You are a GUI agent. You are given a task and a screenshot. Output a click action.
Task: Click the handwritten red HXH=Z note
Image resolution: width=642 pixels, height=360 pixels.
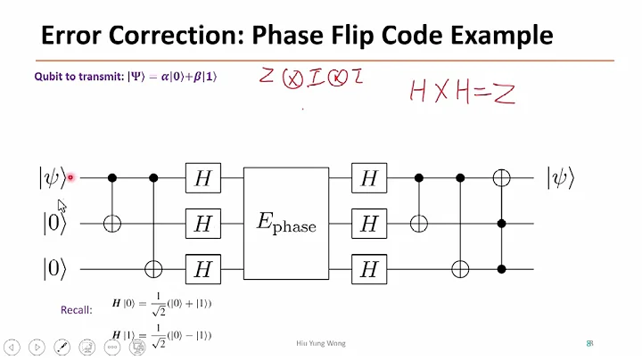(462, 91)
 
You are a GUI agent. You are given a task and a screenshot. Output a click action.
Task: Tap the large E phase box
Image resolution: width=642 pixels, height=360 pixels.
(286, 224)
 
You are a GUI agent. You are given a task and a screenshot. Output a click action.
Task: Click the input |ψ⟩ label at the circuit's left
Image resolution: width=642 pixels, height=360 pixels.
(51, 178)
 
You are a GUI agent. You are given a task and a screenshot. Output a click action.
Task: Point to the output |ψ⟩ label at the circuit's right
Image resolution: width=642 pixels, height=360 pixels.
(560, 178)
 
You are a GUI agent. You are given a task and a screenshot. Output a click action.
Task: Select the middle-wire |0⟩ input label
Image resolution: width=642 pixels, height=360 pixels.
(53, 223)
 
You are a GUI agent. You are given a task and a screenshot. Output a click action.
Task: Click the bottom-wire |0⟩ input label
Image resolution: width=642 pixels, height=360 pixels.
(53, 267)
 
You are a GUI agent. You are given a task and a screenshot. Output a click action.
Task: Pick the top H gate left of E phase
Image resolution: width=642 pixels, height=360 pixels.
(202, 179)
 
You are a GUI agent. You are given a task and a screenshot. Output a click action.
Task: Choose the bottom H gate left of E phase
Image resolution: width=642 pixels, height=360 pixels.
(202, 267)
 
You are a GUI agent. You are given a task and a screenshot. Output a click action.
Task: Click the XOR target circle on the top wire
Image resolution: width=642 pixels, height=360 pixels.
(502, 179)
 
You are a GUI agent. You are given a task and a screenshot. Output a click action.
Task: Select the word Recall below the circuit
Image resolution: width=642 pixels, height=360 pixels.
(78, 310)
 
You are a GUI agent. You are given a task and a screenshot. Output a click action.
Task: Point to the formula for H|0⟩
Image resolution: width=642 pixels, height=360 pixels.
(160, 305)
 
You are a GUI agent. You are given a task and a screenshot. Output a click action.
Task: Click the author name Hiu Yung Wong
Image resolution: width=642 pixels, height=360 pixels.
(320, 343)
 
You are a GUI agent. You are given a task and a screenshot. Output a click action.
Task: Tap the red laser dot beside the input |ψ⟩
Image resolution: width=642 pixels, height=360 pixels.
(70, 178)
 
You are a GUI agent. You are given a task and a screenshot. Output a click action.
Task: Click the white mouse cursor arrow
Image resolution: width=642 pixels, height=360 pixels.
(62, 205)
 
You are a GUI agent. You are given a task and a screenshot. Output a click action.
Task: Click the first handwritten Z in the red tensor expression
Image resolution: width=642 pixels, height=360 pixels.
(266, 77)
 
